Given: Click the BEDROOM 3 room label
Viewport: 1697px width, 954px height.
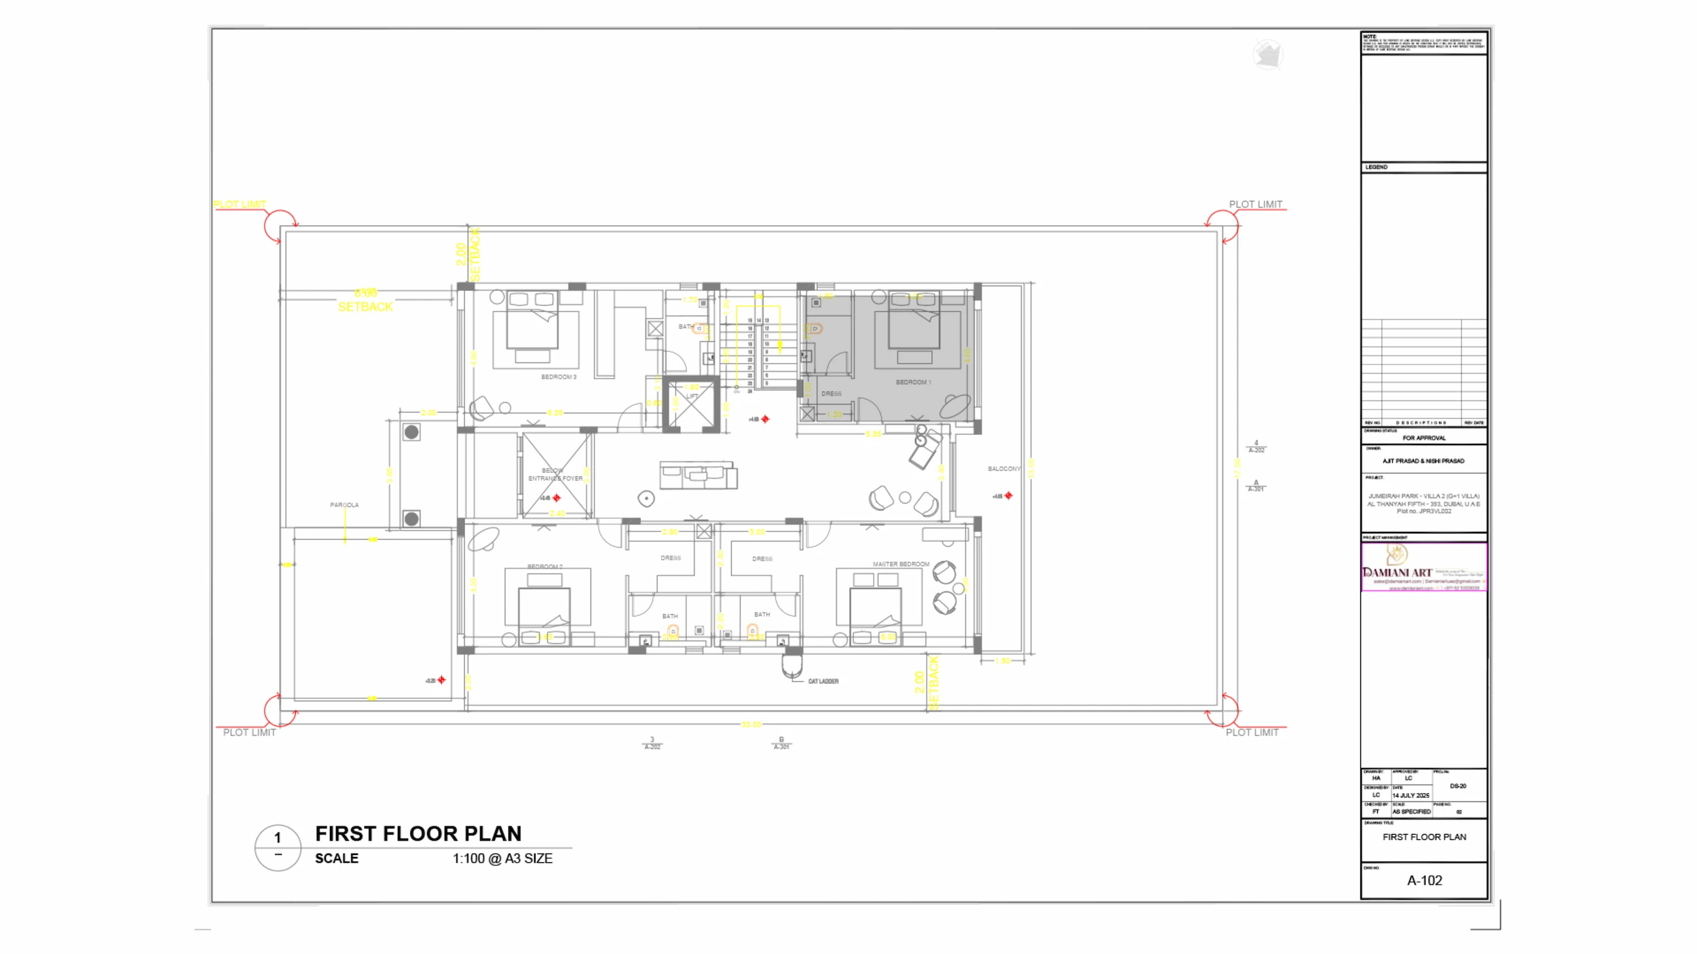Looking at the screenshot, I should [559, 377].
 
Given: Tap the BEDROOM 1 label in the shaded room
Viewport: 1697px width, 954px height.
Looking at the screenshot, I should [913, 383].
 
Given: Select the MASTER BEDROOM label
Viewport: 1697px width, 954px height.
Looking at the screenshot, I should [901, 565].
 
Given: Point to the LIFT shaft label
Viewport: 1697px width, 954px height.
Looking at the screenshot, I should [692, 397].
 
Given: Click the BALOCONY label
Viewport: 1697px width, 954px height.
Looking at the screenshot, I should [1004, 469].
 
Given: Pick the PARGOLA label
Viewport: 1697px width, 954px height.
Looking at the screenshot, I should [344, 505].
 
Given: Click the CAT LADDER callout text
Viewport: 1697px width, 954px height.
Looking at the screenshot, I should [823, 681].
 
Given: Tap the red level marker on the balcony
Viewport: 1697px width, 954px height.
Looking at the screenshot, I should [1009, 496].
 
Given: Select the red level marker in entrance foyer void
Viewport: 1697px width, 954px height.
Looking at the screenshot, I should [557, 498].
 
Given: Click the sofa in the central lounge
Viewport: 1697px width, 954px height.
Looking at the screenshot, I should [698, 474].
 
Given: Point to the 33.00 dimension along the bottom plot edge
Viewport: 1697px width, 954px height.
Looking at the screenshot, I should [751, 725].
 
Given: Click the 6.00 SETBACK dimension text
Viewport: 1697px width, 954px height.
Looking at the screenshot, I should [365, 300].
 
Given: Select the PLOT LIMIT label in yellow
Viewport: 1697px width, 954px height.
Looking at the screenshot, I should [240, 204].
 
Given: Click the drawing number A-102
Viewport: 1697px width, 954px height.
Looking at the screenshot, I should [1424, 881].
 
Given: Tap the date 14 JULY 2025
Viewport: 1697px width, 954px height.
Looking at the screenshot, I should [1411, 795].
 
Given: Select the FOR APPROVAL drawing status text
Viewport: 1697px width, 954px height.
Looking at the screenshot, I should [1424, 438].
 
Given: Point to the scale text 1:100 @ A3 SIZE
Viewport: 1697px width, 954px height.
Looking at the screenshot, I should [502, 858].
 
